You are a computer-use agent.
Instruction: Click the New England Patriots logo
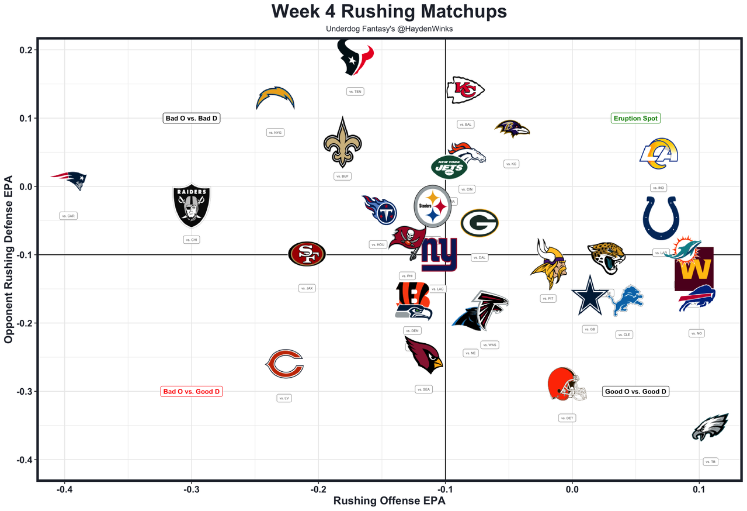click(x=69, y=180)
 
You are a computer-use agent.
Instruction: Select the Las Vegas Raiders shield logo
click(x=191, y=205)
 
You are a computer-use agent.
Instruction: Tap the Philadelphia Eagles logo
click(x=710, y=427)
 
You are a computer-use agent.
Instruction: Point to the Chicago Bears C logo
click(x=284, y=364)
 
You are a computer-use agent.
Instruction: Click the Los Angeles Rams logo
click(x=659, y=153)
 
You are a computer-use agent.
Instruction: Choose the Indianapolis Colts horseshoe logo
click(x=661, y=218)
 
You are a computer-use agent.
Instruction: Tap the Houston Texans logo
click(x=356, y=57)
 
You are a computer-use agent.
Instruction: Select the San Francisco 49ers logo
click(x=307, y=254)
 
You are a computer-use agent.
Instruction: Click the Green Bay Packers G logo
click(x=479, y=223)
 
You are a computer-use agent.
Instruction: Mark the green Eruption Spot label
click(x=635, y=118)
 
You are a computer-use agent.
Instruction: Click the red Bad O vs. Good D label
click(x=192, y=391)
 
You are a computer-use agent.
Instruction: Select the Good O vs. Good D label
click(x=635, y=391)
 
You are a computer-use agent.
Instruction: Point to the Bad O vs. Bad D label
click(x=192, y=118)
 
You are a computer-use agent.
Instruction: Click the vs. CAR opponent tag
click(x=68, y=216)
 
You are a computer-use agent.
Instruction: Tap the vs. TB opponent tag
click(x=710, y=461)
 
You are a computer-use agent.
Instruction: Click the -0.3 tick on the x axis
click(x=191, y=489)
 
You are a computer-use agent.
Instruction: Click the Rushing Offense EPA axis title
click(x=390, y=501)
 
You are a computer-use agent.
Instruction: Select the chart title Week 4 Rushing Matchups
click(x=390, y=12)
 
